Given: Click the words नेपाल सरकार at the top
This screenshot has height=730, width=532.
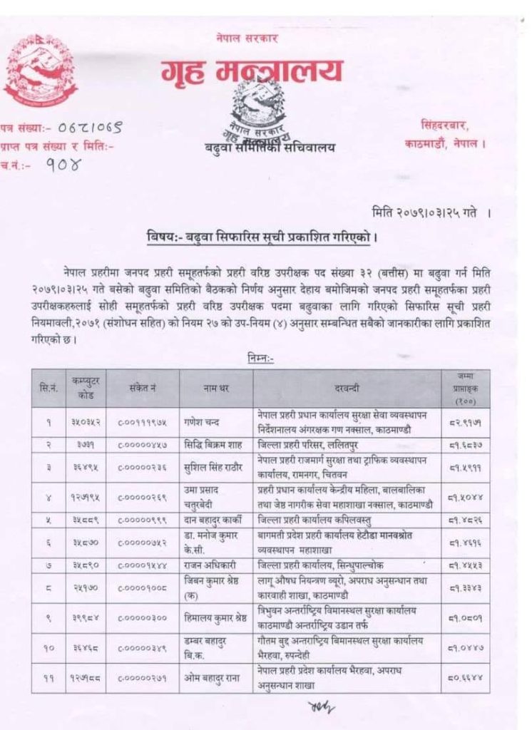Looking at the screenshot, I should coord(247,37).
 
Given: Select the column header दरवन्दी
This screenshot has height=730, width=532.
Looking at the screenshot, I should coord(349,389).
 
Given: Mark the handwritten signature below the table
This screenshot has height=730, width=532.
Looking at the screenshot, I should coord(319,706).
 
